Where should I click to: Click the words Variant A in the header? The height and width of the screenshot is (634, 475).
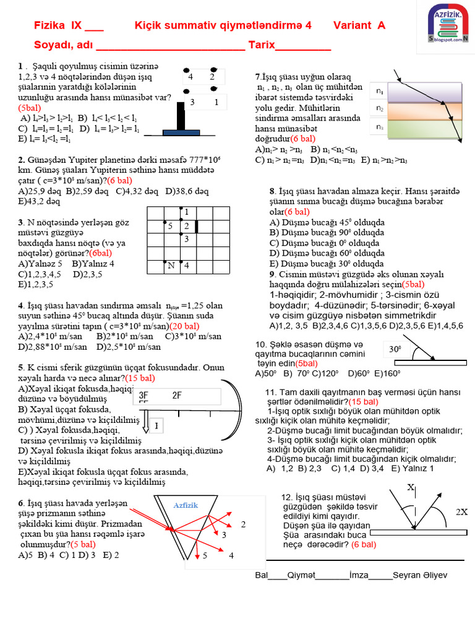[x=359, y=25]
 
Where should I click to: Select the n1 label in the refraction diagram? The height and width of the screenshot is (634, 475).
[x=380, y=92]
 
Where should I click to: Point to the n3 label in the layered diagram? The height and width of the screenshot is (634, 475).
[x=380, y=127]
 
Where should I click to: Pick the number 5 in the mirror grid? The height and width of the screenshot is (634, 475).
[x=170, y=227]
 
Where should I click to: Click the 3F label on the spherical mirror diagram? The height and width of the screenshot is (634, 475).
[x=143, y=396]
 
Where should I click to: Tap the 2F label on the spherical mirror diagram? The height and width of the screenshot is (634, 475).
[x=177, y=396]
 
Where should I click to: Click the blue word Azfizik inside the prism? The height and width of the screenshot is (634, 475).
[x=186, y=505]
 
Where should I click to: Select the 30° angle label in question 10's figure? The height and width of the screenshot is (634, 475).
[x=396, y=350]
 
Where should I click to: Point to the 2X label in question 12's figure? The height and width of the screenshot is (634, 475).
[x=462, y=512]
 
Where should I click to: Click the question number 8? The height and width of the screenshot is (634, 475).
[x=272, y=192]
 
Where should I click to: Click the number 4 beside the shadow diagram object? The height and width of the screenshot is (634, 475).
[x=190, y=77]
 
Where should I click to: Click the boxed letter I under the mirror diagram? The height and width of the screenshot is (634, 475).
[x=156, y=426]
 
